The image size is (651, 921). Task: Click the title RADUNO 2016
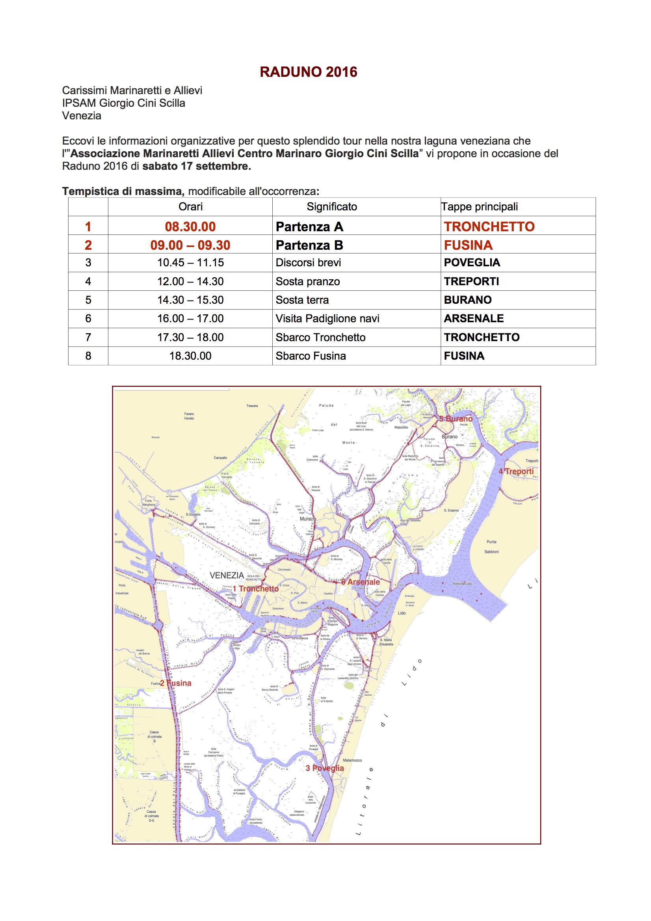(x=308, y=72)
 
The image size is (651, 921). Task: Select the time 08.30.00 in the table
(x=190, y=227)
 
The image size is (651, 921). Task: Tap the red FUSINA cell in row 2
(x=468, y=245)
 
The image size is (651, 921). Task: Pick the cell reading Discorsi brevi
(x=308, y=263)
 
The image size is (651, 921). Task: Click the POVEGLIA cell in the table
(x=472, y=263)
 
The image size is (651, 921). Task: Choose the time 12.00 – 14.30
(x=190, y=281)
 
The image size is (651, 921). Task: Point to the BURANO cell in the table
(x=468, y=300)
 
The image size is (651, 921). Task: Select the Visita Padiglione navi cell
(x=327, y=319)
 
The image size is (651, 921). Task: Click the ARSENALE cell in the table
(x=474, y=319)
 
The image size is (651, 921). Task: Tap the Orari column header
(x=190, y=207)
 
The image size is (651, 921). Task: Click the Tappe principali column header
(x=480, y=207)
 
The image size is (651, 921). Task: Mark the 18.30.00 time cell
(x=190, y=356)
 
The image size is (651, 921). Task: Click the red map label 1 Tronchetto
(x=256, y=589)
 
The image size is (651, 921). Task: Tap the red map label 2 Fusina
(x=176, y=683)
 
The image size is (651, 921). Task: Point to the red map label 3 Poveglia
(x=325, y=768)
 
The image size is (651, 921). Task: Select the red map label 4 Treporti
(x=516, y=471)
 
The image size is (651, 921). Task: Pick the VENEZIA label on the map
(x=227, y=575)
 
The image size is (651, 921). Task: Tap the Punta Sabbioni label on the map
(x=491, y=547)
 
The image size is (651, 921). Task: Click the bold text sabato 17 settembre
(x=197, y=167)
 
